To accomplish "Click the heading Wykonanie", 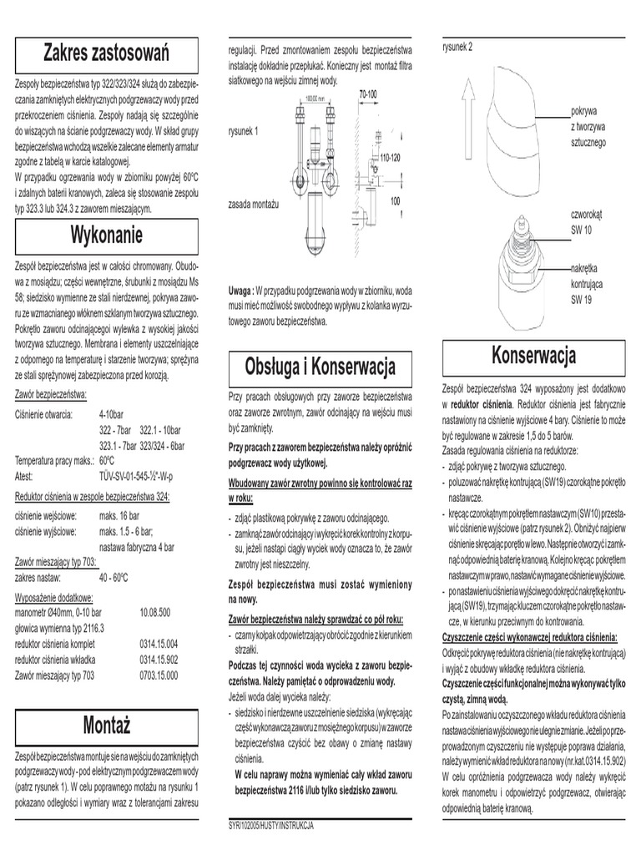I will tap(106, 232).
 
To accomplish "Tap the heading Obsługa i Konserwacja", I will tap(320, 366).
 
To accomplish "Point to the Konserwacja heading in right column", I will tap(534, 356).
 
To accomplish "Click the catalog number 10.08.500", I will tap(155, 612).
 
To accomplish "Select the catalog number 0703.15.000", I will tap(159, 675).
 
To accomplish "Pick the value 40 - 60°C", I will tap(119, 576).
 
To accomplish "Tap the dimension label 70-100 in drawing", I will tap(369, 95).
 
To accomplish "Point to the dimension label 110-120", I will tap(390, 157).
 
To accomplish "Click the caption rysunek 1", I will tap(244, 131).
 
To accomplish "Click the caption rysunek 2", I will tap(457, 46).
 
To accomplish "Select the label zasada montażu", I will tap(254, 205).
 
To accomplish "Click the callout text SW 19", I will tap(581, 298).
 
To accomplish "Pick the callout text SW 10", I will tap(581, 229).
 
